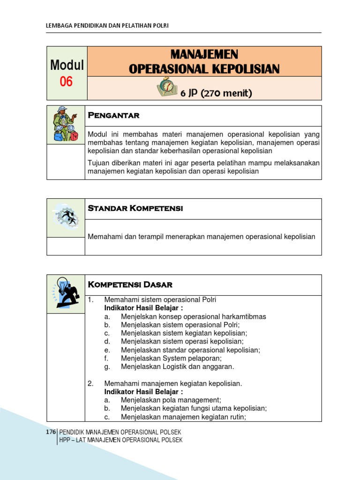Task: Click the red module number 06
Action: coord(67,82)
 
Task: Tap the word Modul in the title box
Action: coord(67,65)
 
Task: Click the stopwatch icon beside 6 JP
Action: coord(166,87)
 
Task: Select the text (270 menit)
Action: coord(226,93)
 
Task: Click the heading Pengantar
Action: coord(114,115)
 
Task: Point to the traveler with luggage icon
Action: coord(65,124)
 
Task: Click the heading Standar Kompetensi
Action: coord(135,209)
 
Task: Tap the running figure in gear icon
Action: coord(66,217)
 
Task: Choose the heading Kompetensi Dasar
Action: coord(130,285)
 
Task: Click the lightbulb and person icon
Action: coord(66,293)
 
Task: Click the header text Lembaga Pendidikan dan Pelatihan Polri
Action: coord(107,25)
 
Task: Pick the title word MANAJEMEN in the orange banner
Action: coord(204,54)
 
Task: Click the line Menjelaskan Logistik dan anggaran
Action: coord(177,367)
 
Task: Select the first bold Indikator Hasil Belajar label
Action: coord(143,308)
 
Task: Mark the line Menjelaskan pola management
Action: coord(171,400)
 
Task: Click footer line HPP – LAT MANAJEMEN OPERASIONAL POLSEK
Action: coord(120,440)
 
